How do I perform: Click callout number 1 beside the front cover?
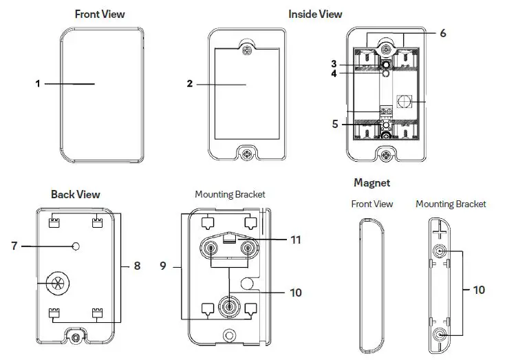pyautogui.click(x=39, y=83)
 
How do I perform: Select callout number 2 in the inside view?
pyautogui.click(x=189, y=84)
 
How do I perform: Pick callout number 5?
pyautogui.click(x=335, y=125)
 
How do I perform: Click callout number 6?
pyautogui.click(x=442, y=33)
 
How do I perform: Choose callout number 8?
pyautogui.click(x=137, y=265)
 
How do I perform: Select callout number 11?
pyautogui.click(x=296, y=240)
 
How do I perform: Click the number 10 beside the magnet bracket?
pyautogui.click(x=479, y=290)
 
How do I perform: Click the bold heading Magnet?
pyautogui.click(x=371, y=182)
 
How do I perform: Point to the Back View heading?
pyautogui.click(x=75, y=194)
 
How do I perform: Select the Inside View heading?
pyautogui.click(x=315, y=14)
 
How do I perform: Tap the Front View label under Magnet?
pyautogui.click(x=371, y=204)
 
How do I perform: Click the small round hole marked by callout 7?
pyautogui.click(x=77, y=246)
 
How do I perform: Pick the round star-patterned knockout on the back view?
pyautogui.click(x=56, y=282)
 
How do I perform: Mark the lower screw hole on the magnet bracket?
pyautogui.click(x=438, y=335)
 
